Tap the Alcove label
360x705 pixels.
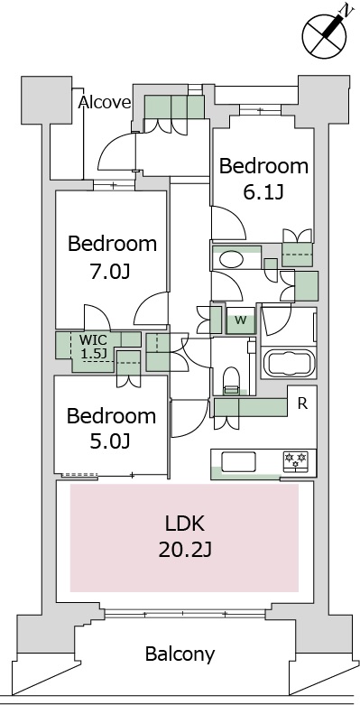point(105,102)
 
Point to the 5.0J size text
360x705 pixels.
point(112,441)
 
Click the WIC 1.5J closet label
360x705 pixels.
point(94,347)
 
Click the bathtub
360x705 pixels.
point(288,364)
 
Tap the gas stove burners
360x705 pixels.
point(297,460)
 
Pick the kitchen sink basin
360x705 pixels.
point(241,461)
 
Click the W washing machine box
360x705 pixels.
point(240,320)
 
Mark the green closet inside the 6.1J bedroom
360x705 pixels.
point(298,246)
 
